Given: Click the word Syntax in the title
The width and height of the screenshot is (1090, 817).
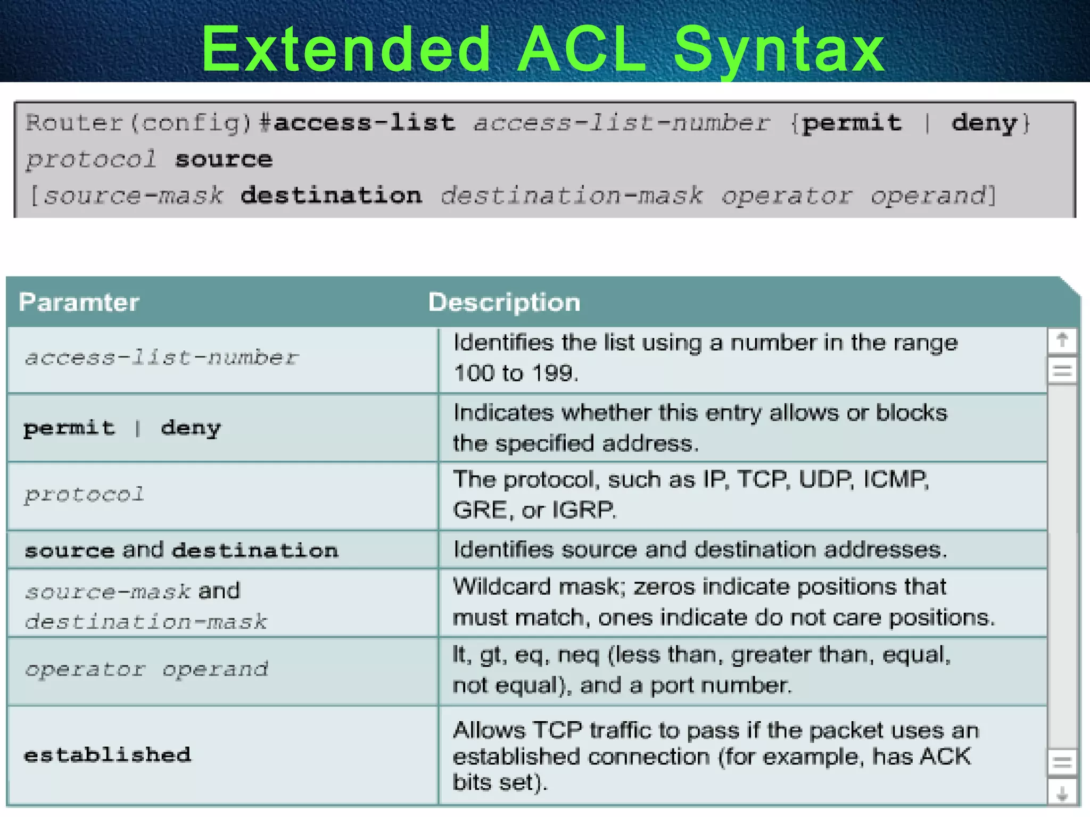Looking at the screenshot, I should coord(779,51).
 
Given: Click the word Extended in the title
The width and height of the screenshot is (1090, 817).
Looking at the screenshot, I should coord(346,51).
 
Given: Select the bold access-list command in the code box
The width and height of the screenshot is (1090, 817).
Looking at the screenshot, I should coord(365,123).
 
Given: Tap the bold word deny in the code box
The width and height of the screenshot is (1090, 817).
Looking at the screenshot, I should coord(984,123).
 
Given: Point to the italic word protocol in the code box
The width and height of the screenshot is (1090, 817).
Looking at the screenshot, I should coord(91,159).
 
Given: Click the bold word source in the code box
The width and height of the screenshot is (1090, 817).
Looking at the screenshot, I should coord(224,159).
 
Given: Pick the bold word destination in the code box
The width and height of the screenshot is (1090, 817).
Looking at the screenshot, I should coord(331,195).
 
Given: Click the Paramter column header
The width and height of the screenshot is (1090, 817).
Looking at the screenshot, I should coord(79,302).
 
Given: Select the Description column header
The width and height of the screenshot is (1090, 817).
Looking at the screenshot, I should coord(504,302).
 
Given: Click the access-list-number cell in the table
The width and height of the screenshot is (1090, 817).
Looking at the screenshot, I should coord(161,358).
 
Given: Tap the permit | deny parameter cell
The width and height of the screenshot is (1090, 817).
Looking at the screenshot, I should coord(122,428).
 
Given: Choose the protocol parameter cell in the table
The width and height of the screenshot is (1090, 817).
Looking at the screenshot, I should coord(84,495).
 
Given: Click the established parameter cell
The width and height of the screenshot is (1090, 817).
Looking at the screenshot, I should coord(108,755).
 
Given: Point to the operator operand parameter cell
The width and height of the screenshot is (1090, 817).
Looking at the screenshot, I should coord(146,670).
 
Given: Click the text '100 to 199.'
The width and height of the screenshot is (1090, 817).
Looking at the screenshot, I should coord(515,373).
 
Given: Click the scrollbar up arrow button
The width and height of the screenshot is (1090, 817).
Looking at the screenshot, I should coord(1062,340).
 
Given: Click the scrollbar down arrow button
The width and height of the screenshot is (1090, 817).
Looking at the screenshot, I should coord(1062,794).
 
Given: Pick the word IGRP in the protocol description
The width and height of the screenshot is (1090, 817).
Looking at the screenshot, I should coord(583,510).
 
